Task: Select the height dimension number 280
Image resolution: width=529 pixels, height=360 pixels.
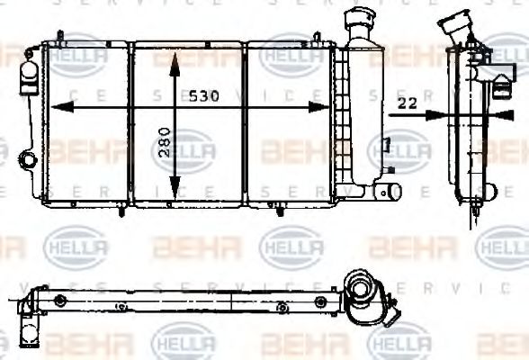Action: pos(164,141)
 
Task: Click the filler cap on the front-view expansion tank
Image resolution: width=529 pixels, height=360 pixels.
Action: pos(358,15)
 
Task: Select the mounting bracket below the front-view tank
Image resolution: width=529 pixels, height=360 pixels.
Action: pos(388,193)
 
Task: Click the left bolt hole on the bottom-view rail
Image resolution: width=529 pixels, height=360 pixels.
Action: pos(61,300)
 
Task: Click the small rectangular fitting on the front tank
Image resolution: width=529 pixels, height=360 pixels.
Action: pos(385,144)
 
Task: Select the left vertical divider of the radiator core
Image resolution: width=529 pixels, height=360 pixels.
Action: pos(130,121)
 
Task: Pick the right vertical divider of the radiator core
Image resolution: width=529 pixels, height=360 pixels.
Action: pos(246,121)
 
